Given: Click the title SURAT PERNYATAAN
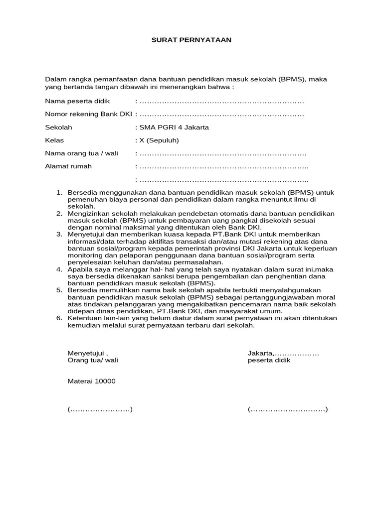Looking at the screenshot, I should pyautogui.click(x=191, y=40).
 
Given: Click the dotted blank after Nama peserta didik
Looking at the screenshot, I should pyautogui.click(x=221, y=102).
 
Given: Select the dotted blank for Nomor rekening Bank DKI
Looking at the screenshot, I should pyautogui.click(x=221, y=115).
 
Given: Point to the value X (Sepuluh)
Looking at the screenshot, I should pyautogui.click(x=159, y=140).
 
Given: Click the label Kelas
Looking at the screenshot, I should pyautogui.click(x=54, y=140).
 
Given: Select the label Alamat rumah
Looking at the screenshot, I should pyautogui.click(x=68, y=166).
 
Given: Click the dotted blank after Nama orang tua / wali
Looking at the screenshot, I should pyautogui.click(x=222, y=153).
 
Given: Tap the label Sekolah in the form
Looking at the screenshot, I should pyautogui.click(x=58, y=127).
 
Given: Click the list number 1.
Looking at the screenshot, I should pyautogui.click(x=58, y=192).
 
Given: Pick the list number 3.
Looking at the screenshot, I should pyautogui.click(x=58, y=234).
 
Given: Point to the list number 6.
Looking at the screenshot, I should pyautogui.click(x=58, y=318).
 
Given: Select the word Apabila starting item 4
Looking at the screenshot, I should pyautogui.click(x=80, y=269).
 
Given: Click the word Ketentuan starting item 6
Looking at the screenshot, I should pyautogui.click(x=84, y=318).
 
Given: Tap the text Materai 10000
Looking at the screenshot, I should pyautogui.click(x=91, y=381).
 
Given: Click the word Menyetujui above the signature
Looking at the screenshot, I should pyautogui.click(x=86, y=353).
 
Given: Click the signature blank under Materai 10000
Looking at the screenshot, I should pyautogui.click(x=100, y=409).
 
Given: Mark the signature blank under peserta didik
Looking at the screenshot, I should pyautogui.click(x=288, y=409).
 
